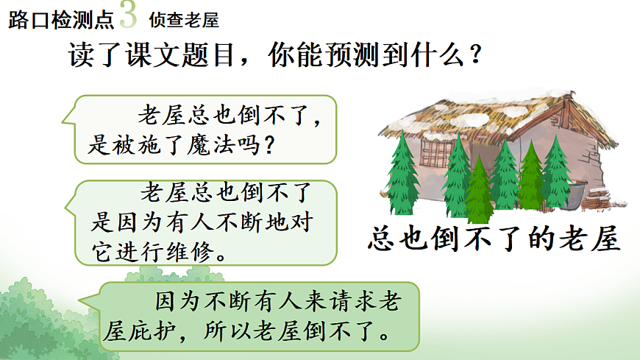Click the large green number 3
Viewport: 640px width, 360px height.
127,15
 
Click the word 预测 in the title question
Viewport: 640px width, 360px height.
326,57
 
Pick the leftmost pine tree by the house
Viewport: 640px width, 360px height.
402,174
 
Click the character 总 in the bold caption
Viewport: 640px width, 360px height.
383,240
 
